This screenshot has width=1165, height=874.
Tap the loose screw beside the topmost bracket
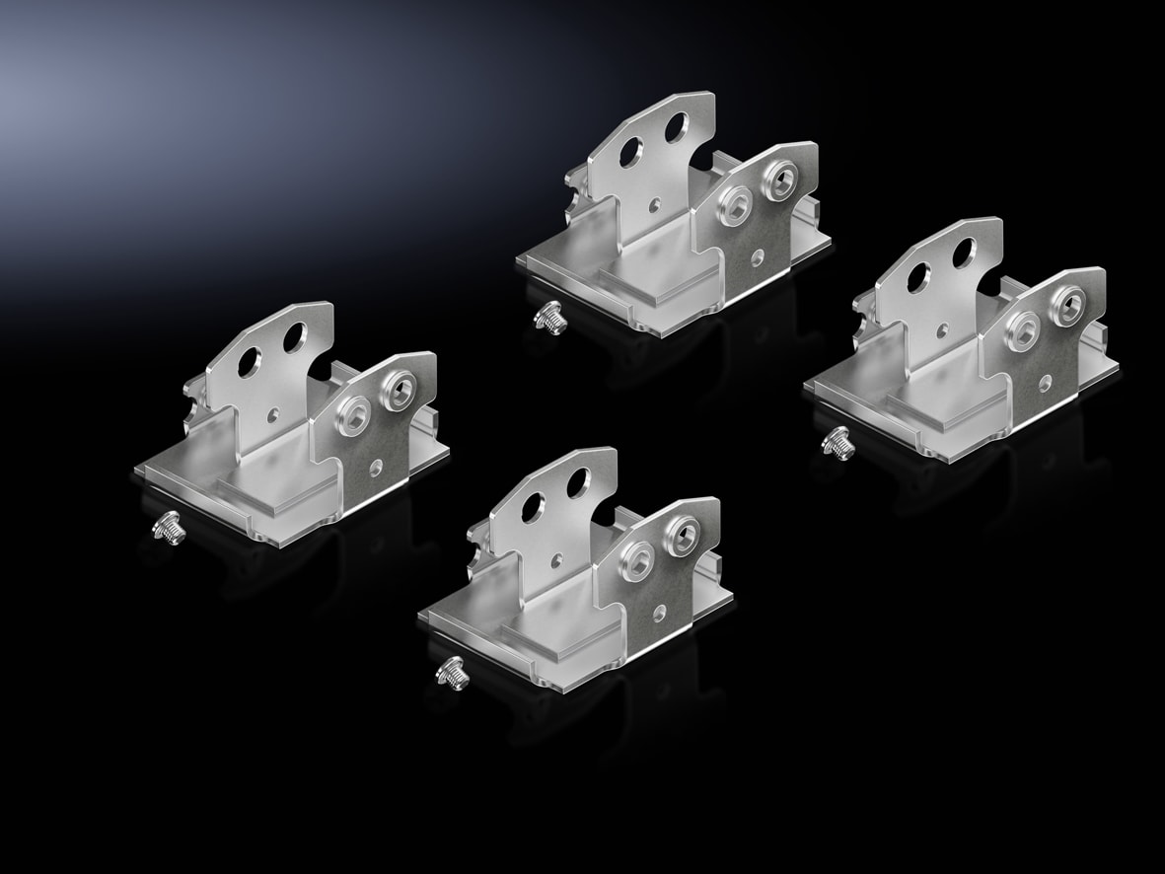(547, 319)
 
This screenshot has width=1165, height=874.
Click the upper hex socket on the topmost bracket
(778, 181)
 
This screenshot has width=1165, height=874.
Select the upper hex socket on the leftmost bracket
(399, 395)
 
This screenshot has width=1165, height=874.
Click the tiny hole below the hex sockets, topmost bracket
(757, 255)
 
